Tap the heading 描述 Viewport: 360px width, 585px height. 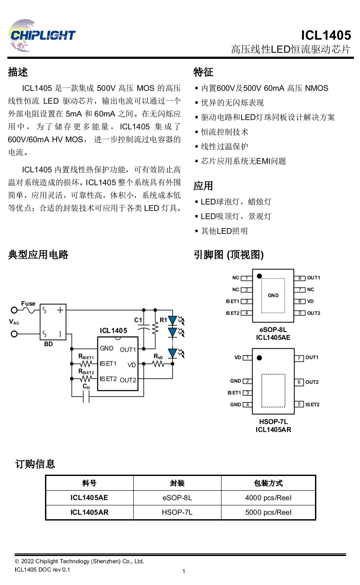pos(18,72)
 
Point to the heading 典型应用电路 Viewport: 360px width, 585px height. pos(38,254)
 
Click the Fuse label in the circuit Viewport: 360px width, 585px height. pos(29,304)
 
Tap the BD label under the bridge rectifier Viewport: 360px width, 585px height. pos(48,344)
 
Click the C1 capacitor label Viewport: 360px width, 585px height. pos(138,320)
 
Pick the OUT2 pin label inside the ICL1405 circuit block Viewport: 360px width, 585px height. pos(128,380)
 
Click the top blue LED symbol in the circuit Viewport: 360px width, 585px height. pos(173,321)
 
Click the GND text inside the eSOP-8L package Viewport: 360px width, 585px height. pos(273,296)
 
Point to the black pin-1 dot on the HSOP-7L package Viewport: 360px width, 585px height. pos(260,358)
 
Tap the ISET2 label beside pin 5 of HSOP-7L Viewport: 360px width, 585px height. pos(312,405)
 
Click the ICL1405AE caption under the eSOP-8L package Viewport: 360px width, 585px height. pos(273,337)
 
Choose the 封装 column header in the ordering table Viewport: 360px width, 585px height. pos(177,483)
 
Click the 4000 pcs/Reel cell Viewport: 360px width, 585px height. pos(268,498)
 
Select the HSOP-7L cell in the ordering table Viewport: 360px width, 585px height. pos(177,512)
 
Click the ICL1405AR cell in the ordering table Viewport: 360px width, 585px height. pos(89,512)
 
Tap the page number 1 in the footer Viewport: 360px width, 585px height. pos(184,572)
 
